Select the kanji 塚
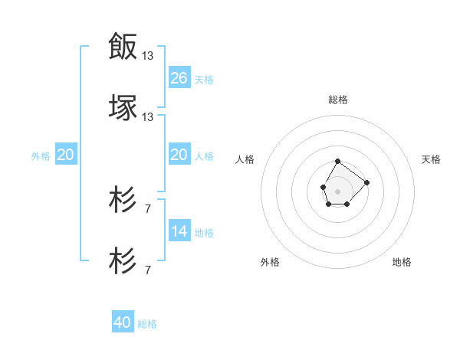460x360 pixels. click(x=123, y=106)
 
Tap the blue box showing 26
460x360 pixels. click(x=179, y=78)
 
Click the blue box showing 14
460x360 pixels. click(x=179, y=231)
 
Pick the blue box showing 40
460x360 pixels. click(x=123, y=322)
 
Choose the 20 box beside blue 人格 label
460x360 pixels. click(x=179, y=155)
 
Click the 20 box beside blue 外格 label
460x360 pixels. click(x=66, y=155)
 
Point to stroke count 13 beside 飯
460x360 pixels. click(x=149, y=55)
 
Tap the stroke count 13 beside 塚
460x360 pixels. click(x=149, y=116)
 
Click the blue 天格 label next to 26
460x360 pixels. click(x=204, y=79)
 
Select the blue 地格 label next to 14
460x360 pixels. click(x=204, y=232)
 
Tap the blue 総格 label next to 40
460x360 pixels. click(x=147, y=324)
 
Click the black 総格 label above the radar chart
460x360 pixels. click(x=338, y=100)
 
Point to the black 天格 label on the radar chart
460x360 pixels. click(x=432, y=159)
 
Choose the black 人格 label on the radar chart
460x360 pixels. click(x=245, y=159)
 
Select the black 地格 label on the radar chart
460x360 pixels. click(x=402, y=262)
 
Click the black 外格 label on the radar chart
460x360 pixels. click(x=270, y=262)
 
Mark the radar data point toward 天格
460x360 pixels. click(x=366, y=182)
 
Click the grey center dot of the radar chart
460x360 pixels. click(x=337, y=190)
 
